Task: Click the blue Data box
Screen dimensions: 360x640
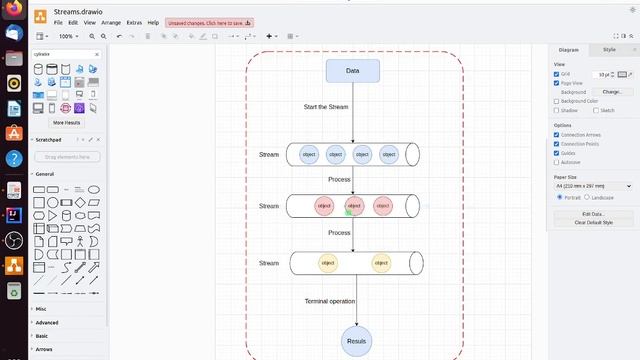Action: pyautogui.click(x=352, y=71)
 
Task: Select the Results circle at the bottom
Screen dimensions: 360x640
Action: pyautogui.click(x=356, y=341)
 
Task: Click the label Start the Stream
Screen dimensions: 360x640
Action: pyautogui.click(x=326, y=106)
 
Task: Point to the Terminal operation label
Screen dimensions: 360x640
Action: pyautogui.click(x=330, y=301)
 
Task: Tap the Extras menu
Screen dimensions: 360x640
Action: pyautogui.click(x=135, y=22)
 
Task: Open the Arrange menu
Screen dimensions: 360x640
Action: pyautogui.click(x=111, y=22)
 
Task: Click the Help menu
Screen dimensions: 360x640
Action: pyautogui.click(x=153, y=22)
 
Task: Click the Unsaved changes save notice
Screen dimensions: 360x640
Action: pyautogui.click(x=210, y=22)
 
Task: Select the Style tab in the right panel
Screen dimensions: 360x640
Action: pyautogui.click(x=609, y=48)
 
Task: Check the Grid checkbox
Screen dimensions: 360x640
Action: pyautogui.click(x=557, y=74)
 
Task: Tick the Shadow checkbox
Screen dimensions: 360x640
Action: pyautogui.click(x=557, y=110)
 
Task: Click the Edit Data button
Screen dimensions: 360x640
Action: pyautogui.click(x=593, y=214)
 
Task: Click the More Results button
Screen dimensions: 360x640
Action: pyautogui.click(x=67, y=123)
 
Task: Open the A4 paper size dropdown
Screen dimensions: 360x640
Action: pyautogui.click(x=593, y=186)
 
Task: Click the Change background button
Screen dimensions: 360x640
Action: pyautogui.click(x=611, y=92)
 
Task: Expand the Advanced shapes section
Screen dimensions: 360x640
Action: pyautogui.click(x=47, y=322)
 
